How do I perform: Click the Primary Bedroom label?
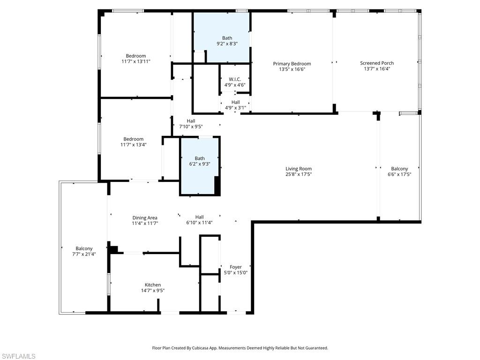click(x=292, y=64)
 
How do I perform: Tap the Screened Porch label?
click(x=377, y=63)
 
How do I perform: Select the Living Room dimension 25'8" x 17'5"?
click(x=299, y=174)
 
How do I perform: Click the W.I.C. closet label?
click(x=235, y=79)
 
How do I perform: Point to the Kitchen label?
click(x=153, y=285)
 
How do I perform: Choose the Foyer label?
click(x=235, y=267)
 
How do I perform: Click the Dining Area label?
click(x=145, y=217)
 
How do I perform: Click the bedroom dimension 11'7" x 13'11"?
click(x=136, y=61)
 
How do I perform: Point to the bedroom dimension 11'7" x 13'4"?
click(x=134, y=145)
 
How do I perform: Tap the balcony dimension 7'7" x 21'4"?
click(x=84, y=254)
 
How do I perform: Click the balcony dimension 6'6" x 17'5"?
click(x=399, y=174)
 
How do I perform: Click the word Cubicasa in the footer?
click(x=218, y=348)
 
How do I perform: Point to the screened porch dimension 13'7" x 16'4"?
click(x=377, y=69)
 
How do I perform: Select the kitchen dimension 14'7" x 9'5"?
click(x=153, y=291)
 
